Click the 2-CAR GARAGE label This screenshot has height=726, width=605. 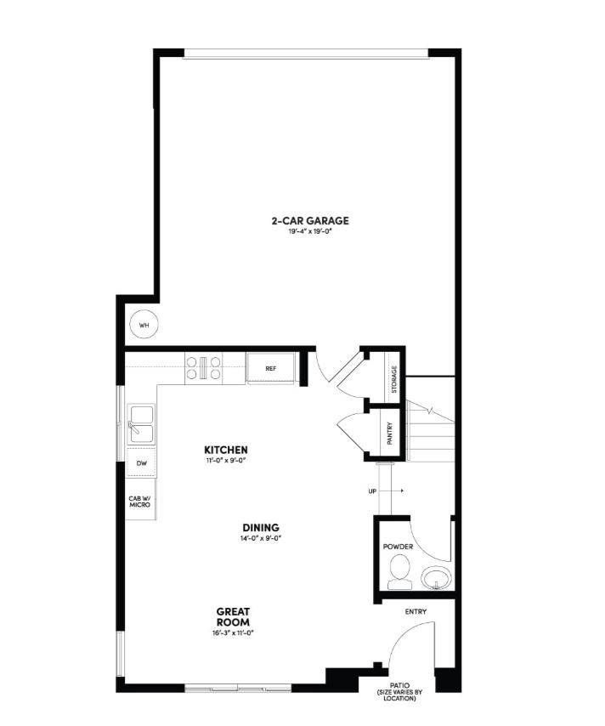pyautogui.click(x=310, y=221)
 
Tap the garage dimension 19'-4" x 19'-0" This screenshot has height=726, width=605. pyautogui.click(x=310, y=231)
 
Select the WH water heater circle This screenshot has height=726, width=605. pyautogui.click(x=144, y=325)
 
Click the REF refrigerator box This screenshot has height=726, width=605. pyautogui.click(x=271, y=369)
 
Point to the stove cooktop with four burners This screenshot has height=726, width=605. pyautogui.click(x=203, y=368)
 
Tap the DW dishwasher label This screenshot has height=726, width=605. pyautogui.click(x=141, y=463)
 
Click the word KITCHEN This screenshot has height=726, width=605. pyautogui.click(x=226, y=449)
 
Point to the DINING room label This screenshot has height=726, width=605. pyautogui.click(x=260, y=527)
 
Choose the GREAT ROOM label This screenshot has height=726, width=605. pyautogui.click(x=232, y=616)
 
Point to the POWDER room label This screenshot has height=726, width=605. pyautogui.click(x=397, y=547)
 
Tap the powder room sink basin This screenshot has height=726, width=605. pyautogui.click(x=438, y=578)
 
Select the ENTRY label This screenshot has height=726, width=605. pyautogui.click(x=416, y=611)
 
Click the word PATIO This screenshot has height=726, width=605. pyautogui.click(x=399, y=684)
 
